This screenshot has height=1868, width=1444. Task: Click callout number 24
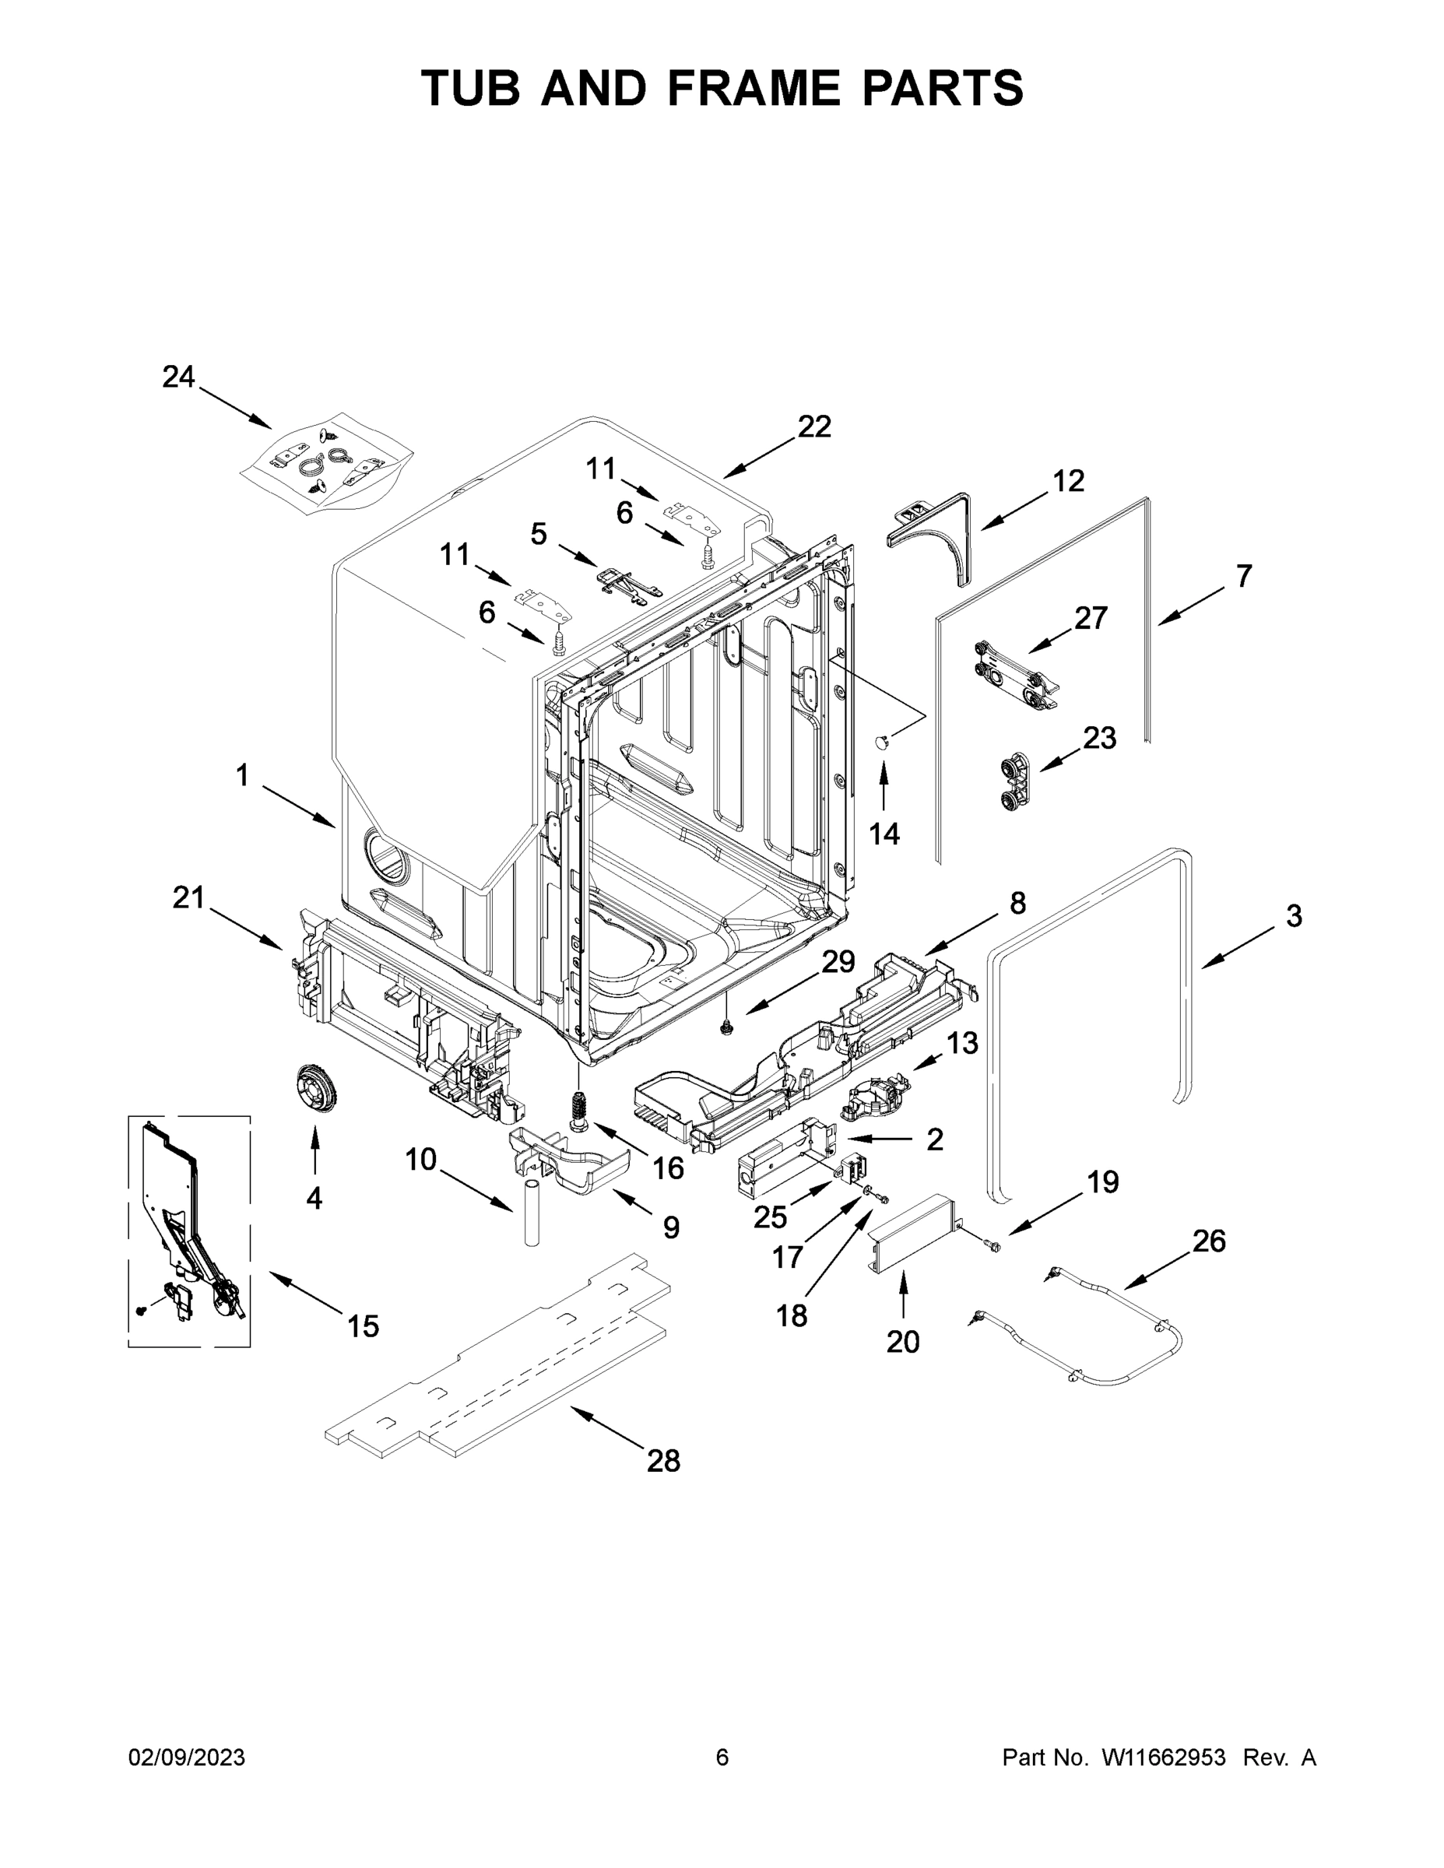179,377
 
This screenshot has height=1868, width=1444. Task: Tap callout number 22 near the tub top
814,426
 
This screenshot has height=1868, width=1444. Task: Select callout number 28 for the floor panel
663,1461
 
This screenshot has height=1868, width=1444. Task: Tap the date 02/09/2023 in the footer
187,1757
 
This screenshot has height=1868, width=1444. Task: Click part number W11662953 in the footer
1164,1757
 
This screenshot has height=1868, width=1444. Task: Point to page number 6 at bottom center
722,1757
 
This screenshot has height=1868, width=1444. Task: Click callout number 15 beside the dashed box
363,1326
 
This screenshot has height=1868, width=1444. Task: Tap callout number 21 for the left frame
188,897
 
